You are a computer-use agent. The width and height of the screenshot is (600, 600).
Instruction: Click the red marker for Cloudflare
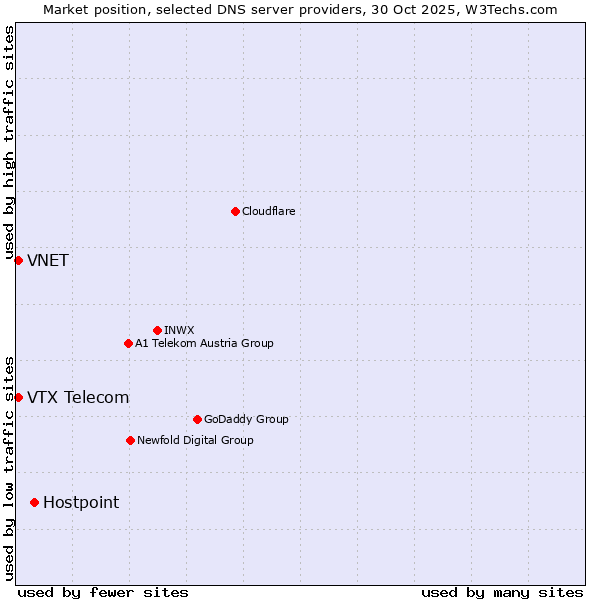235,211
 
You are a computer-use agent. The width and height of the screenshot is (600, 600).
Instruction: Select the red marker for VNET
18,260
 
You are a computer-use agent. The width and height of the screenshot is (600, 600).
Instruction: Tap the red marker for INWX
157,330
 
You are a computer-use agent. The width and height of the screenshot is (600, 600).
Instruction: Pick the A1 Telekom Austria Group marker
128,343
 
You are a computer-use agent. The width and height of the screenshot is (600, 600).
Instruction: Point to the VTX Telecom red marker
18,397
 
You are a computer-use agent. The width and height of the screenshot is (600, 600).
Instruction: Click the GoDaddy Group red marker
197,419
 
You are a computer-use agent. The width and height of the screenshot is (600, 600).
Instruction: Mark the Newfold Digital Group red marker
130,440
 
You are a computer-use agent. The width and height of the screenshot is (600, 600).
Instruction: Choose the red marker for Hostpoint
34,502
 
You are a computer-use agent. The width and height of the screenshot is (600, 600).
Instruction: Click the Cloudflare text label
269,211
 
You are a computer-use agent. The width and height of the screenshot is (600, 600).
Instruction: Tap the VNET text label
48,261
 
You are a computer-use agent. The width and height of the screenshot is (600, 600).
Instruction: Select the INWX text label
179,330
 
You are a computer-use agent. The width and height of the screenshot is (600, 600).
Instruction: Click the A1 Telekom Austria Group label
204,343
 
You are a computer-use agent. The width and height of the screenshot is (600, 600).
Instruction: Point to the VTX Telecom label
78,398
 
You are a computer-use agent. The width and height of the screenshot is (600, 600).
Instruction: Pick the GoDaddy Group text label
246,419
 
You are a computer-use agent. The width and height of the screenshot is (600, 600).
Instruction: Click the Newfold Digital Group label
195,440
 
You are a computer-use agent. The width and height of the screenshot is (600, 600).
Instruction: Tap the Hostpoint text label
81,503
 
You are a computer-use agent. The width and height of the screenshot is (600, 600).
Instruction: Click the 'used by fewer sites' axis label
103,592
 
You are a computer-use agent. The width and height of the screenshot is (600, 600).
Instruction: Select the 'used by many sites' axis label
502,592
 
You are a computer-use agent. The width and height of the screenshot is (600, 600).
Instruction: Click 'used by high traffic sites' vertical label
10,143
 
